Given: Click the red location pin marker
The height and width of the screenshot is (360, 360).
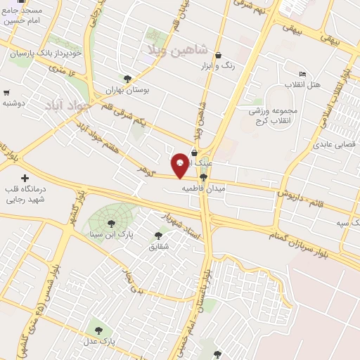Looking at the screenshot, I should coord(181,165).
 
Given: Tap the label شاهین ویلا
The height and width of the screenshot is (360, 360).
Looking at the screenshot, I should coord(176,50).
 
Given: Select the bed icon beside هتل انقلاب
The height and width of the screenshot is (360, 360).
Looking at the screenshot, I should coord(302,74).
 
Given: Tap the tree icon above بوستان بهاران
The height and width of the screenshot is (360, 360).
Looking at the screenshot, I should coord(127,79).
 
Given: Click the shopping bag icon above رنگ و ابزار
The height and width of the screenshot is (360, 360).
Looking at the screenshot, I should coord(218,55).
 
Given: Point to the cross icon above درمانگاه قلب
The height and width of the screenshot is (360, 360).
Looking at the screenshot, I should coord(26,179).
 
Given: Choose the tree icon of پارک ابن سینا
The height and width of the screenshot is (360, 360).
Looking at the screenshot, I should coord(110,223).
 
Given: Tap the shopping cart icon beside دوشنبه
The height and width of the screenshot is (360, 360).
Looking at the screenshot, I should coord(6,92).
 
